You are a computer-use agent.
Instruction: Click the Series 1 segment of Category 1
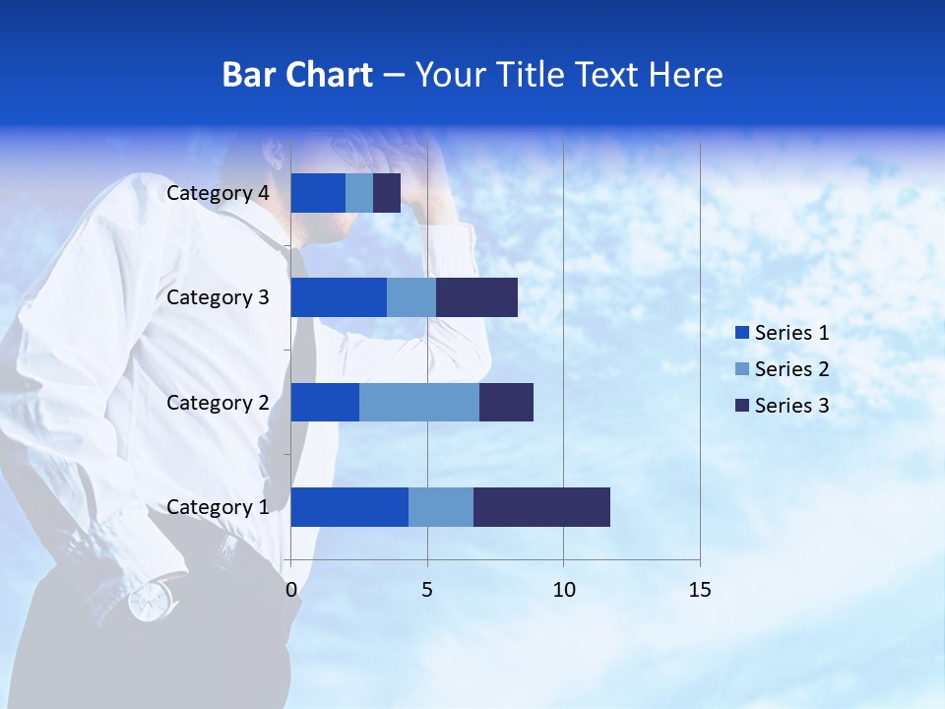[349, 507]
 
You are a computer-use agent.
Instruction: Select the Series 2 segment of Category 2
[419, 402]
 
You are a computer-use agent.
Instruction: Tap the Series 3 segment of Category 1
[541, 507]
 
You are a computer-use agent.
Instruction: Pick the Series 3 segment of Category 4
[387, 193]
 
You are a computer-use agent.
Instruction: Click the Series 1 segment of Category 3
[339, 297]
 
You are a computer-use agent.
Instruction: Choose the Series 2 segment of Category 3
[411, 297]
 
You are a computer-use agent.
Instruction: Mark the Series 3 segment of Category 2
[506, 402]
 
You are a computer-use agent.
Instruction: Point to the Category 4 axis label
[218, 193]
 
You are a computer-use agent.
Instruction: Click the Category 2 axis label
[218, 402]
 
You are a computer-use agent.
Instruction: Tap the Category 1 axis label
[218, 507]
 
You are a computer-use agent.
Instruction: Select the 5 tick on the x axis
[427, 590]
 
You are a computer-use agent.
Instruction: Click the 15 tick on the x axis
[700, 590]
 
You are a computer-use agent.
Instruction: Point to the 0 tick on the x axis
[290, 590]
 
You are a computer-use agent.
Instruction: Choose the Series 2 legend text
[791, 369]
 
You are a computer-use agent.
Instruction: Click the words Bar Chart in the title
[297, 75]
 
